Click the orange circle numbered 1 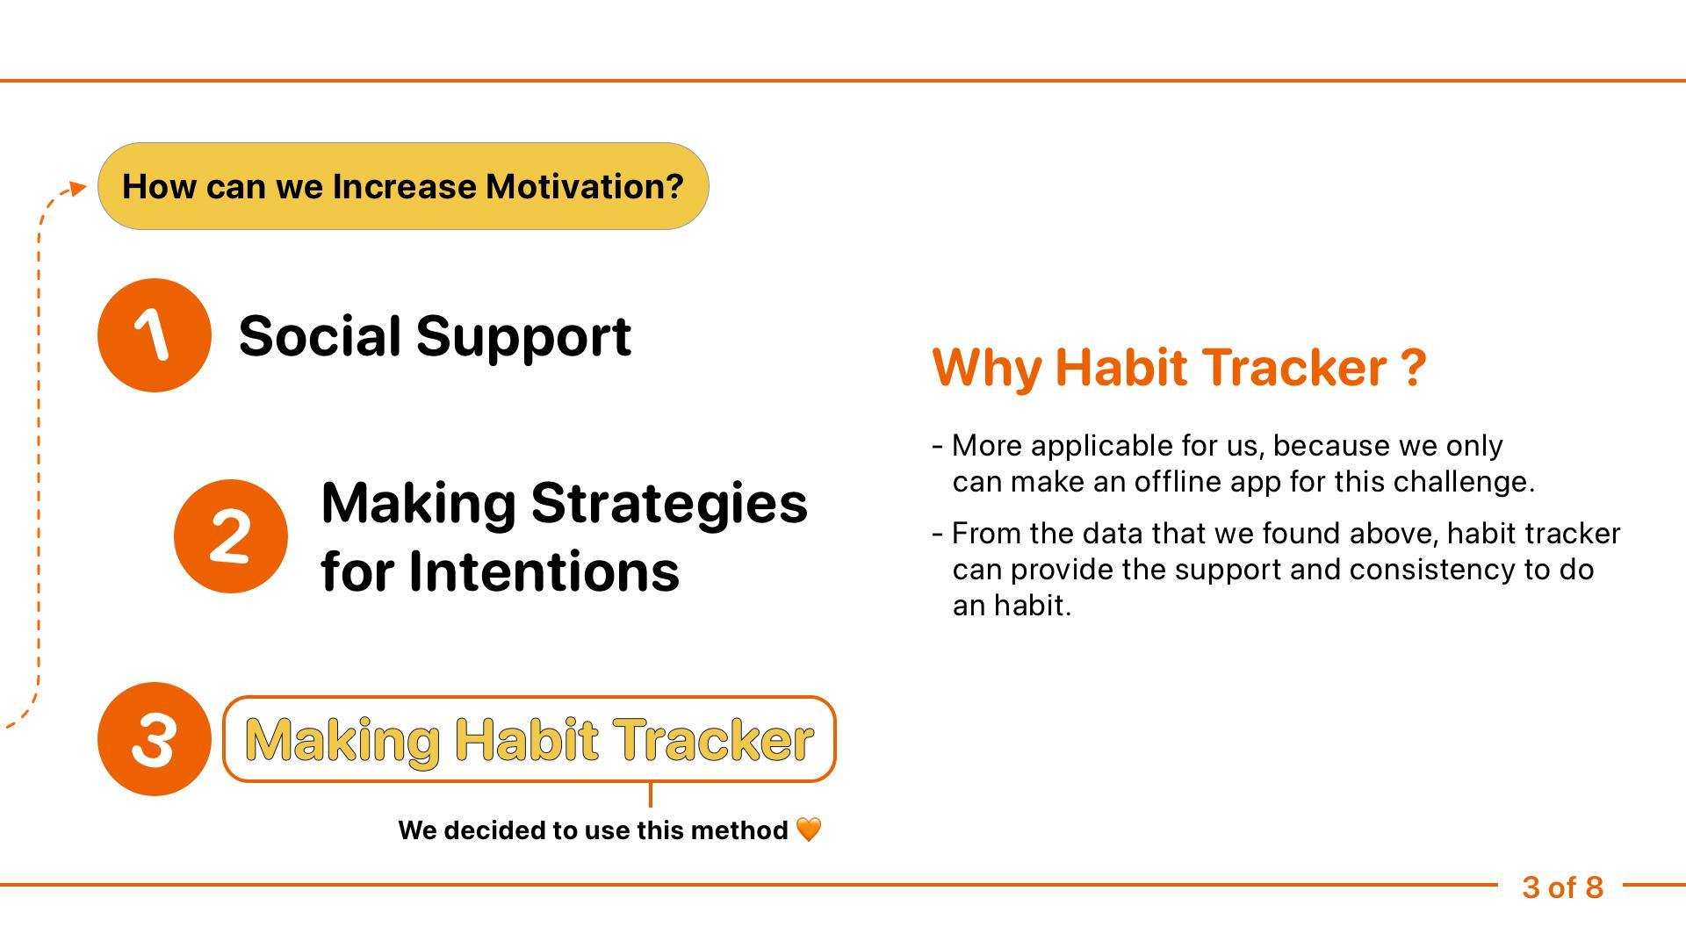[x=155, y=335]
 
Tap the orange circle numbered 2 [x=231, y=536]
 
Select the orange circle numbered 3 [x=155, y=739]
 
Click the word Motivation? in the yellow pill [x=585, y=187]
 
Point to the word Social [x=321, y=336]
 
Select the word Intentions [x=544, y=571]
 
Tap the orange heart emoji [x=809, y=829]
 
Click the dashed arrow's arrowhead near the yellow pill [x=80, y=187]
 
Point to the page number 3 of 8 [x=1563, y=887]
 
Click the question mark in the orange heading [x=1414, y=368]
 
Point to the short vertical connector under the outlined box [x=650, y=794]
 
